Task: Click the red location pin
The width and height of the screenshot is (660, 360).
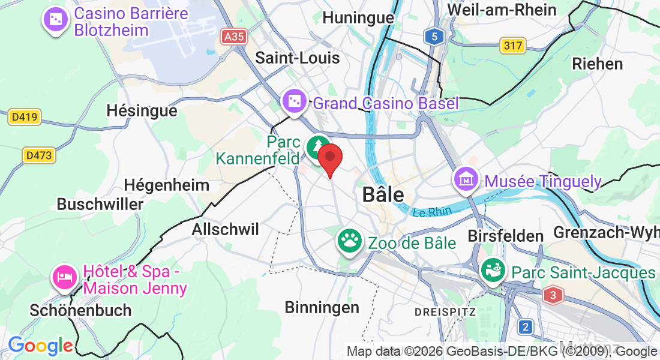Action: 329,158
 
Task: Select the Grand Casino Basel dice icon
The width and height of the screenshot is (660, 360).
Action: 295,101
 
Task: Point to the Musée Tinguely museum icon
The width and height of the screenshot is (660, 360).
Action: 466,178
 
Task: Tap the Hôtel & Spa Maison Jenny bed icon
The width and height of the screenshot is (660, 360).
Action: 65,277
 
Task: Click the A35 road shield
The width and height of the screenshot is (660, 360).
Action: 233,37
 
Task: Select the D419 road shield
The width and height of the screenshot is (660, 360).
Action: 25,118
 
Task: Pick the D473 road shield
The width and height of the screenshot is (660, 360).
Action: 38,155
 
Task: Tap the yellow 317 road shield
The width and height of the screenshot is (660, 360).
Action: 513,45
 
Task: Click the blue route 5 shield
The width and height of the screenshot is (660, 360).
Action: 434,37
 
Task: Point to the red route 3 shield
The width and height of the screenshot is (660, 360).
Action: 553,295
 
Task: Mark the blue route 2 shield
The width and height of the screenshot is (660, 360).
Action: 526,326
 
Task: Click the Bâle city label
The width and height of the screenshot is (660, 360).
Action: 383,195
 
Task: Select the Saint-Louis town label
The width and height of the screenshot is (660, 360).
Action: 298,58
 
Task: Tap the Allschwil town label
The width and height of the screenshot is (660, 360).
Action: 225,229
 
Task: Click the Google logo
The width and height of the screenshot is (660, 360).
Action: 40,346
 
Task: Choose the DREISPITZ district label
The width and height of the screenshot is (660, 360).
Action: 445,312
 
